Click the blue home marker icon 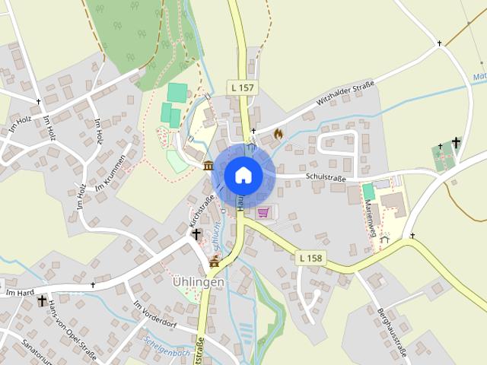pos(243,175)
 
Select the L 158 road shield pos(311,259)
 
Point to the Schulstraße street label pos(326,178)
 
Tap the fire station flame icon pos(278,134)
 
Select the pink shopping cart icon pos(263,212)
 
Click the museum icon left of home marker pos(208,165)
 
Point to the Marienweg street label pos(371,216)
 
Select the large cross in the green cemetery pos(456,142)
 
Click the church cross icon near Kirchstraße pos(196,235)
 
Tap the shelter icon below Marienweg pos(385,239)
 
